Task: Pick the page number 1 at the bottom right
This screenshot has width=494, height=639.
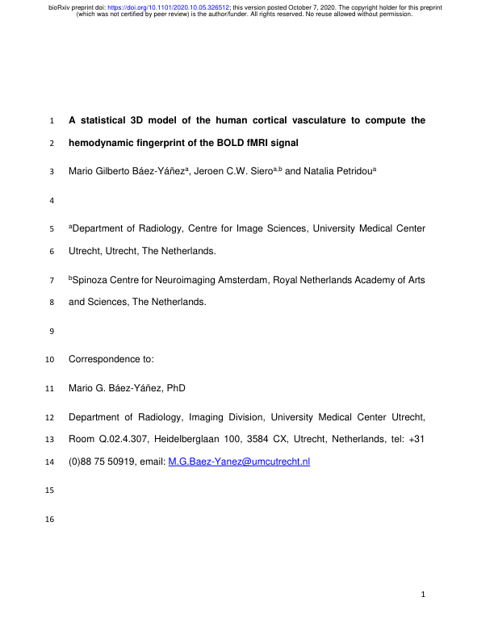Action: (423, 596)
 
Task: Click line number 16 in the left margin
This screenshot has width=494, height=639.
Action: (52, 520)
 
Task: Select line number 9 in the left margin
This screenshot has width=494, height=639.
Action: (52, 331)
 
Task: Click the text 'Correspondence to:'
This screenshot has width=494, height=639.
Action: (108, 359)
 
